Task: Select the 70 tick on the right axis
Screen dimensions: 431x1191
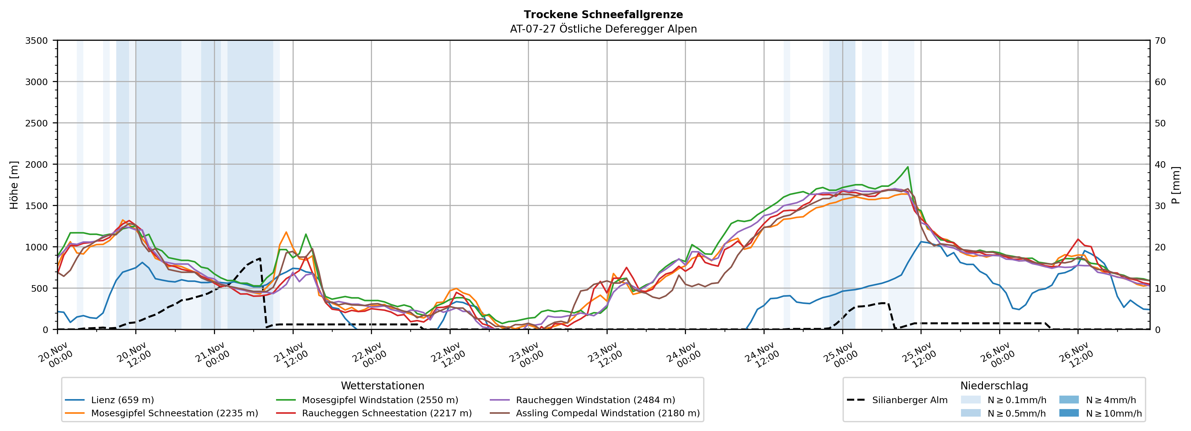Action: coord(1161,41)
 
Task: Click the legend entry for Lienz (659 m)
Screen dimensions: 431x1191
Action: coord(123,400)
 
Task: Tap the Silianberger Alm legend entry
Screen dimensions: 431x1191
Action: coord(909,400)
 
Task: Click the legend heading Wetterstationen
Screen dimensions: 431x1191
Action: coord(382,386)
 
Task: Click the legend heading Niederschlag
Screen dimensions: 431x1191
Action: coord(994,386)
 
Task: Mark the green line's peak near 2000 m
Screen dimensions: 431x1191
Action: coord(907,167)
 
